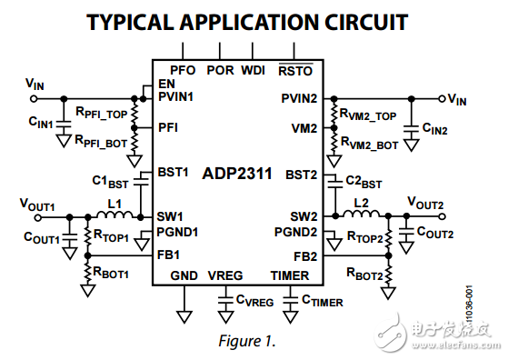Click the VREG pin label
[226, 275]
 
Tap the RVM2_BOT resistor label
[370, 145]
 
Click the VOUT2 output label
[425, 202]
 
